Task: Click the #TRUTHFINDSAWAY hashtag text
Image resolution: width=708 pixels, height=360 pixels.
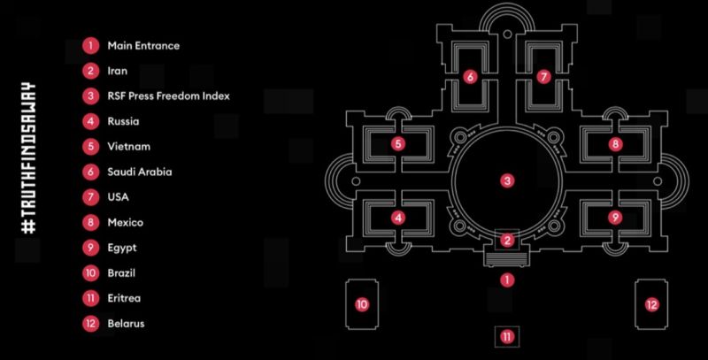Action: click(28, 157)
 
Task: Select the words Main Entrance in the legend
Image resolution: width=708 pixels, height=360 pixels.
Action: click(143, 46)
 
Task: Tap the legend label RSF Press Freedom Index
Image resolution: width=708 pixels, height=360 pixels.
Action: click(168, 96)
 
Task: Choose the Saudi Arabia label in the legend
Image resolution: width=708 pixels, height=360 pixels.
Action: click(140, 172)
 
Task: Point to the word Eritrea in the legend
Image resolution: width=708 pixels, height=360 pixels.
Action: click(124, 298)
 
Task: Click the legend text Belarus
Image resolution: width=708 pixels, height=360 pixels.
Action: click(126, 324)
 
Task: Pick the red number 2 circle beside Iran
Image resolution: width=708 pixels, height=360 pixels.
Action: click(91, 71)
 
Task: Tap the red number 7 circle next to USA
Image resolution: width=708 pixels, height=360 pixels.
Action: click(91, 197)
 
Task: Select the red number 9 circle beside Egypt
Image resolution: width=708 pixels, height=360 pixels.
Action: click(91, 248)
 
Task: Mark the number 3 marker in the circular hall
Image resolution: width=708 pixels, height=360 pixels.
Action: click(507, 181)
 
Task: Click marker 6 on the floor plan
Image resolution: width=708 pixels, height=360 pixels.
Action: click(470, 77)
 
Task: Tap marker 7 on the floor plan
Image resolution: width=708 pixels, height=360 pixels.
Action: click(543, 77)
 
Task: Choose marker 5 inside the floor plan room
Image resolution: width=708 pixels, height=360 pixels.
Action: click(397, 144)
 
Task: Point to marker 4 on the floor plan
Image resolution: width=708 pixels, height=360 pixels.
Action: click(397, 218)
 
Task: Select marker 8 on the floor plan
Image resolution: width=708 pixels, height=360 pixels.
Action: click(615, 144)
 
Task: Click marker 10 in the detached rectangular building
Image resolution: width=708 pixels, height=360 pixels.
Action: click(362, 304)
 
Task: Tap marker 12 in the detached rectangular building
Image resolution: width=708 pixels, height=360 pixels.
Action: click(651, 304)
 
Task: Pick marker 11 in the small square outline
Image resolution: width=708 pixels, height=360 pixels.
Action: click(507, 336)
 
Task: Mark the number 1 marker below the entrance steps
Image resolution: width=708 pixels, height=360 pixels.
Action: click(507, 280)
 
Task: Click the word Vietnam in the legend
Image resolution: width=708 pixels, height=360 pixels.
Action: click(128, 147)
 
